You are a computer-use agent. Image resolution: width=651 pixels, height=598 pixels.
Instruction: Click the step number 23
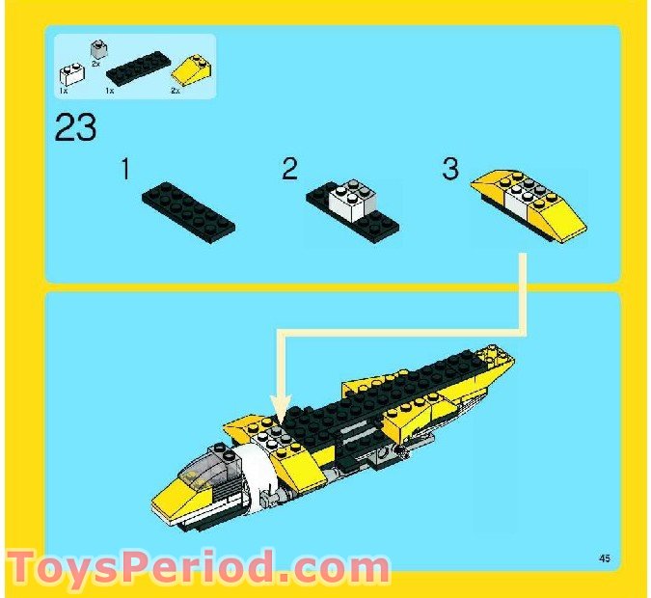point(75,127)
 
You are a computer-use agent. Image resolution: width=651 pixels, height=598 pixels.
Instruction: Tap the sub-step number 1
point(125,171)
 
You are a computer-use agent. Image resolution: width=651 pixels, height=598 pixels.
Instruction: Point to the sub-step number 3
point(450,170)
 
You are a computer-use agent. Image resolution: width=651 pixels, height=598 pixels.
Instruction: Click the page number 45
point(605,557)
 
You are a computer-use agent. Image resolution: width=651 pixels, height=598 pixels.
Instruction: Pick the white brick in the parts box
point(70,74)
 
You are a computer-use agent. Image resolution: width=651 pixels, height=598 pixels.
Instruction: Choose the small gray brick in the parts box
point(96,47)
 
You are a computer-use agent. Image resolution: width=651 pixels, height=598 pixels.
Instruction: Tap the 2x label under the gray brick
point(96,63)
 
